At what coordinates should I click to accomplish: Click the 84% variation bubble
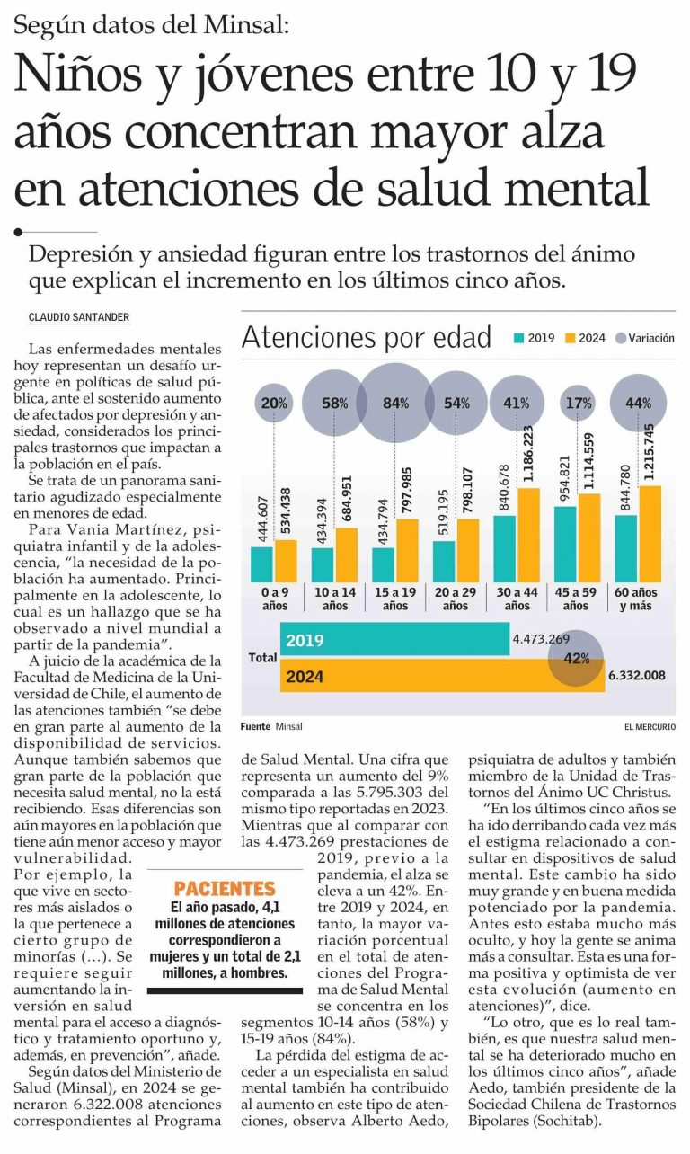(x=395, y=403)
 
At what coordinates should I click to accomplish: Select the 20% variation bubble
(x=274, y=403)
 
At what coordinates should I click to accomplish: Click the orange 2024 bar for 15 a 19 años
(x=407, y=551)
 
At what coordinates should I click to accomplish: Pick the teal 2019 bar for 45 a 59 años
(x=565, y=545)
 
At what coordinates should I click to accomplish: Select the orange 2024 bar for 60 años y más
(x=650, y=534)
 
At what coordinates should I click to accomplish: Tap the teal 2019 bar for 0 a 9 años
(x=261, y=564)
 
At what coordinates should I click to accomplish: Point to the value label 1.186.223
(x=529, y=454)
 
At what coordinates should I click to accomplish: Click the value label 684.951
(x=347, y=498)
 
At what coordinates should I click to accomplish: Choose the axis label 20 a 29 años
(x=456, y=599)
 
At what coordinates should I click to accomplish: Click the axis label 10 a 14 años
(x=335, y=599)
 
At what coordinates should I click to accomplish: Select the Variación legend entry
(x=645, y=338)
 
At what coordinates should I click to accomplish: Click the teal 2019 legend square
(x=518, y=339)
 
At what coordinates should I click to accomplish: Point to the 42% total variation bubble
(x=576, y=658)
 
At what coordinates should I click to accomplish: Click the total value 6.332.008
(x=637, y=675)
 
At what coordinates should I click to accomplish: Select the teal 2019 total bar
(x=395, y=639)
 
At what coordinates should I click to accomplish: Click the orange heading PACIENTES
(x=225, y=889)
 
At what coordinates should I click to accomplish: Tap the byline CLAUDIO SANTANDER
(x=79, y=317)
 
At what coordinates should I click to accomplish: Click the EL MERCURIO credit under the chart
(x=650, y=727)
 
